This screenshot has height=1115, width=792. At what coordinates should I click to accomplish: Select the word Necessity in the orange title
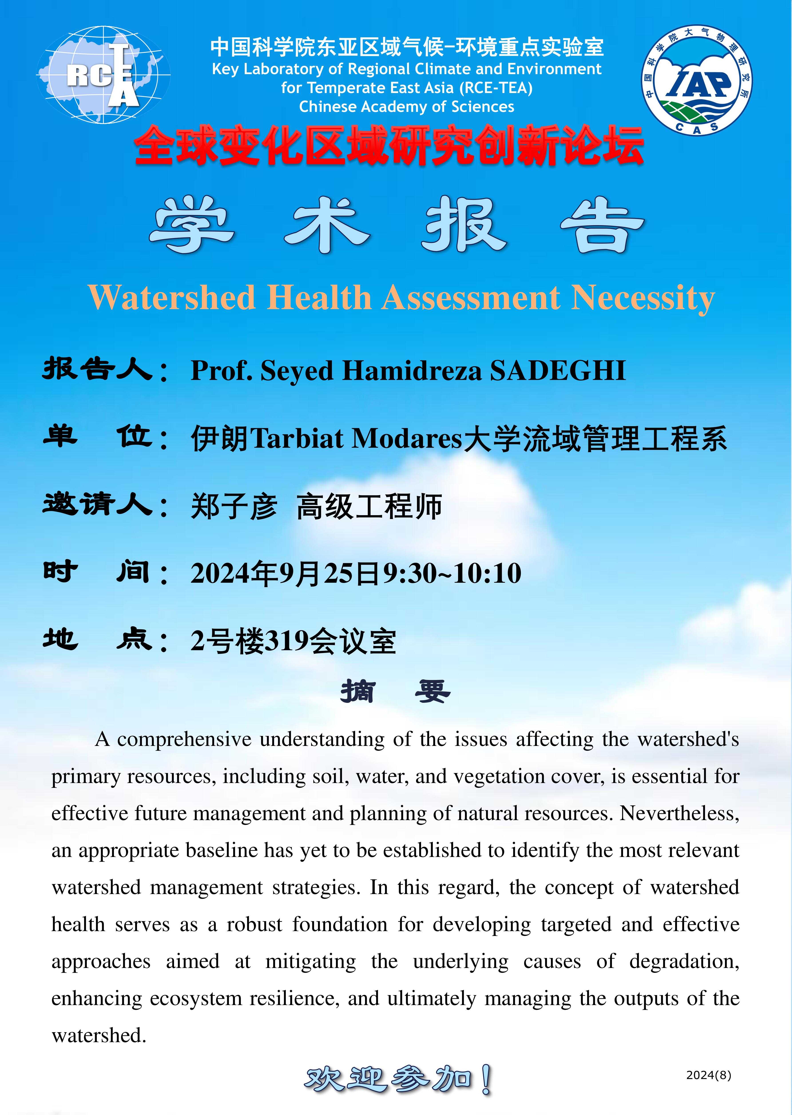point(643,298)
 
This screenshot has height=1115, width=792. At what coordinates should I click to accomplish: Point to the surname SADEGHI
point(558,370)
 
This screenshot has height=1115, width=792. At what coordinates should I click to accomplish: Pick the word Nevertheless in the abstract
point(679,814)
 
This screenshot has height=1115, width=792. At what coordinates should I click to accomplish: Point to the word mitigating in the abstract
point(311,961)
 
